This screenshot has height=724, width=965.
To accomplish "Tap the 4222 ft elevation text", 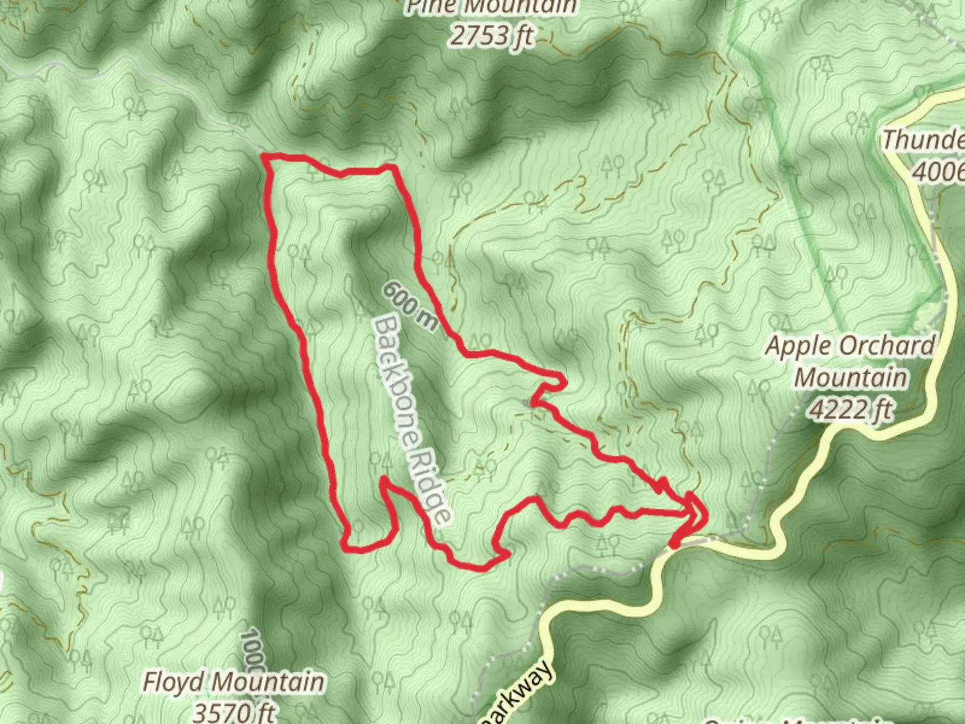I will point(850,407).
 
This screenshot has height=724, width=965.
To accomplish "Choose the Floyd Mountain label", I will point(234,682).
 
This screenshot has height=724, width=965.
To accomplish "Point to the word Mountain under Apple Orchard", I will point(850,377).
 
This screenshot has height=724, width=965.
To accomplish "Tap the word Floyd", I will point(171,682).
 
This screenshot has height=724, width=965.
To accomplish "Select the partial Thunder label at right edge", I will point(923,140).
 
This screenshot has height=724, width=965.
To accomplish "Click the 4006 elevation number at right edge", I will point(938,172).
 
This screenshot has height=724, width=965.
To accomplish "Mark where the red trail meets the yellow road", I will point(673,544).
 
